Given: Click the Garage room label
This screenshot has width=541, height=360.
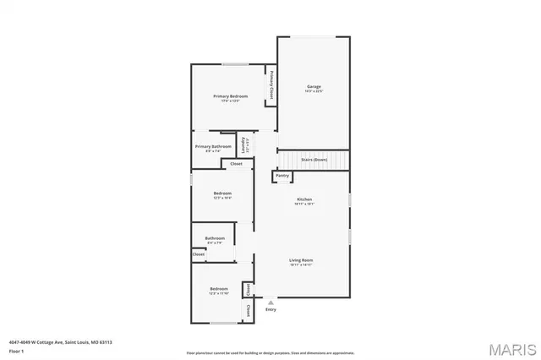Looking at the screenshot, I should (314, 87).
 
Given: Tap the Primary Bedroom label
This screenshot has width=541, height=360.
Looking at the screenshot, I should (230, 97).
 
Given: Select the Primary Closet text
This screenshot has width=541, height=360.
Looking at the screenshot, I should (271, 85).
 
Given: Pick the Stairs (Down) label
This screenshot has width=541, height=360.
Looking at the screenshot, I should (314, 159).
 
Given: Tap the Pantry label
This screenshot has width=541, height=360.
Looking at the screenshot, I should (282, 176).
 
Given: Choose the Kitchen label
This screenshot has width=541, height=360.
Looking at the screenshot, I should (304, 199).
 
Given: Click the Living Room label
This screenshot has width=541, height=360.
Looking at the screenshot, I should (301, 260).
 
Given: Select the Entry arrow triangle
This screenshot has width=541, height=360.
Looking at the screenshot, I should (270, 302).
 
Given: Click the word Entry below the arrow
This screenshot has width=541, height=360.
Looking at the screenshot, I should (270, 309).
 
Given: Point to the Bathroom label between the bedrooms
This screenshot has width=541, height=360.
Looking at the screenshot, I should (214, 238).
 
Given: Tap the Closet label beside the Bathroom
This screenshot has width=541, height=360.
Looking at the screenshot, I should (199, 254).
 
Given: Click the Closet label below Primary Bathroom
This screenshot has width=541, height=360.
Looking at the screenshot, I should (236, 164).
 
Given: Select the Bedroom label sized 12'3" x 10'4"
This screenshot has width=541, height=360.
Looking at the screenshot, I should (221, 194).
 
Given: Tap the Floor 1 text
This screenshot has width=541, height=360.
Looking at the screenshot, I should (16, 350).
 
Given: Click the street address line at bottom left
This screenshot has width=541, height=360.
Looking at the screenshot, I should (60, 342).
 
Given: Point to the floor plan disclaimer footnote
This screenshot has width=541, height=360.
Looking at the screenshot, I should (270, 352).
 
